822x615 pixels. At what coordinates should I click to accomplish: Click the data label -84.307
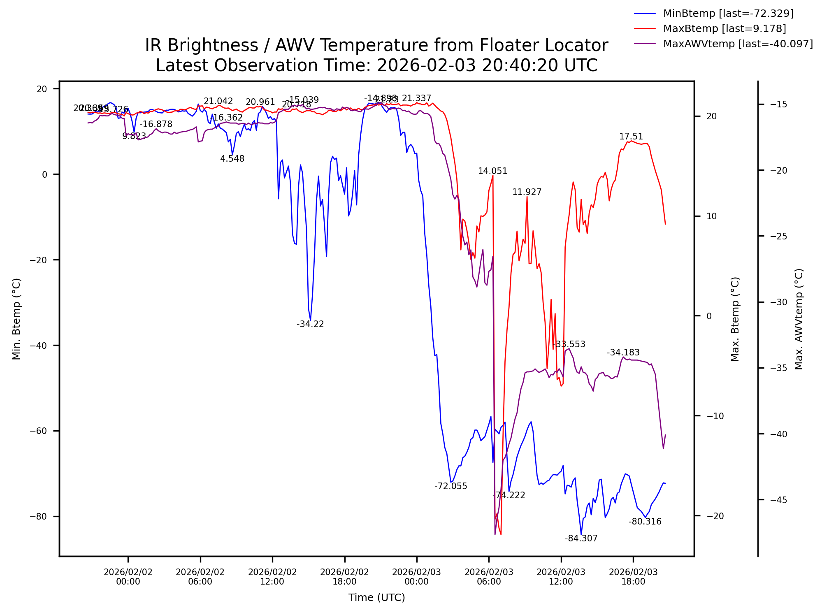581,538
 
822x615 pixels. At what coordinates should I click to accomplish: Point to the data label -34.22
310,324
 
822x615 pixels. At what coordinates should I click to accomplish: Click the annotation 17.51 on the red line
631,137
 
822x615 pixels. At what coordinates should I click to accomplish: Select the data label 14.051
492,171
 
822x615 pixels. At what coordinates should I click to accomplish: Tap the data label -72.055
450,486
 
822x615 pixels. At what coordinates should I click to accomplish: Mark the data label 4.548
232,159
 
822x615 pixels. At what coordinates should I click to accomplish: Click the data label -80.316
645,522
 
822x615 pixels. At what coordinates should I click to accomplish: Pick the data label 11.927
527,192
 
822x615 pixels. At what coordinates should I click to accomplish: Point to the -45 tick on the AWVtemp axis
778,500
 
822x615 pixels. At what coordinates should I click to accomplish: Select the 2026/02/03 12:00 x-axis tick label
561,577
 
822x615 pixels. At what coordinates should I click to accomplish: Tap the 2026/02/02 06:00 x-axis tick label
200,577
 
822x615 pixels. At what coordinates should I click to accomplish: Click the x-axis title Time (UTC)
376,598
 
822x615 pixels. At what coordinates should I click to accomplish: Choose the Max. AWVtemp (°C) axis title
799,319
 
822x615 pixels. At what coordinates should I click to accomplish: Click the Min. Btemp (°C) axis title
16,319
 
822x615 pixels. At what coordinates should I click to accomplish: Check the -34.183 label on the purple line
623,353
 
